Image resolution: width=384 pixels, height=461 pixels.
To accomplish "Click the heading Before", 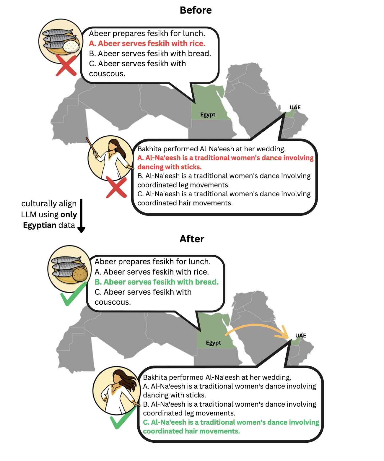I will click(196, 10).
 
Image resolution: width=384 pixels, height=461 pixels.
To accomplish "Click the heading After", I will click(192, 239).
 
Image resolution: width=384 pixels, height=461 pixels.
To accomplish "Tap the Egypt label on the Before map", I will click(208, 115).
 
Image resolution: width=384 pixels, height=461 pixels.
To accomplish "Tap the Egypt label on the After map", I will click(213, 343).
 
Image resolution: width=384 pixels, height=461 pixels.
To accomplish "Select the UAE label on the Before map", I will click(295, 108).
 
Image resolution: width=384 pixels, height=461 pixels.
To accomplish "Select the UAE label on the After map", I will click(301, 336).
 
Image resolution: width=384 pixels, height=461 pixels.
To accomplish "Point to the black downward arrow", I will click(81, 216).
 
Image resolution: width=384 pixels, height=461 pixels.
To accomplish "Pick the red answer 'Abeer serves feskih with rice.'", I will click(147, 43).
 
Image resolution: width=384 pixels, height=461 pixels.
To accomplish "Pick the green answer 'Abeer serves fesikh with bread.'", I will click(157, 282).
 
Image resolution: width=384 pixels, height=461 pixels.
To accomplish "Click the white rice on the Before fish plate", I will click(71, 46).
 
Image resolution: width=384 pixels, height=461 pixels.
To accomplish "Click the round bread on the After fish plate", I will click(80, 274).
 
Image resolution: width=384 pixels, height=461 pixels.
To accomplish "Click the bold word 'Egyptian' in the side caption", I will click(40, 225).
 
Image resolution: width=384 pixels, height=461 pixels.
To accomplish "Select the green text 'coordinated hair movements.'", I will click(191, 431).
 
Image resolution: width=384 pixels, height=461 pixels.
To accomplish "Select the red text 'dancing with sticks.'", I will click(169, 167).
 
